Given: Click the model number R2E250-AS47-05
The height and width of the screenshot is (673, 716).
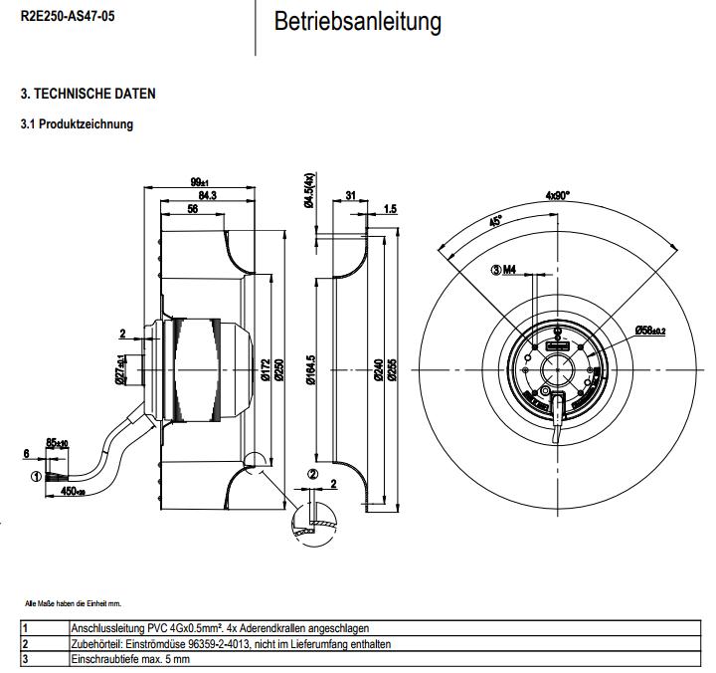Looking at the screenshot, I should pyautogui.click(x=61, y=17).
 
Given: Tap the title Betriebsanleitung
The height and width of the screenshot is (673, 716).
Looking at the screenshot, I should pyautogui.click(x=357, y=21).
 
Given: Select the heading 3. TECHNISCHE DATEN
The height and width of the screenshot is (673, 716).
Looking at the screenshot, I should pyautogui.click(x=89, y=94).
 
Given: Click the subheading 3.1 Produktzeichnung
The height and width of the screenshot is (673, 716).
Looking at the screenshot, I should pyautogui.click(x=78, y=124).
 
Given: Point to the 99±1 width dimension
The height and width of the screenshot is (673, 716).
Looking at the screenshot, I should pyautogui.click(x=198, y=181).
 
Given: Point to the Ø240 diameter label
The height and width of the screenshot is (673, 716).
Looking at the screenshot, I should pyautogui.click(x=378, y=370).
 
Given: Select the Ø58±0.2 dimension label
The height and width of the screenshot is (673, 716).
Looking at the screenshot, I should pyautogui.click(x=650, y=330).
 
